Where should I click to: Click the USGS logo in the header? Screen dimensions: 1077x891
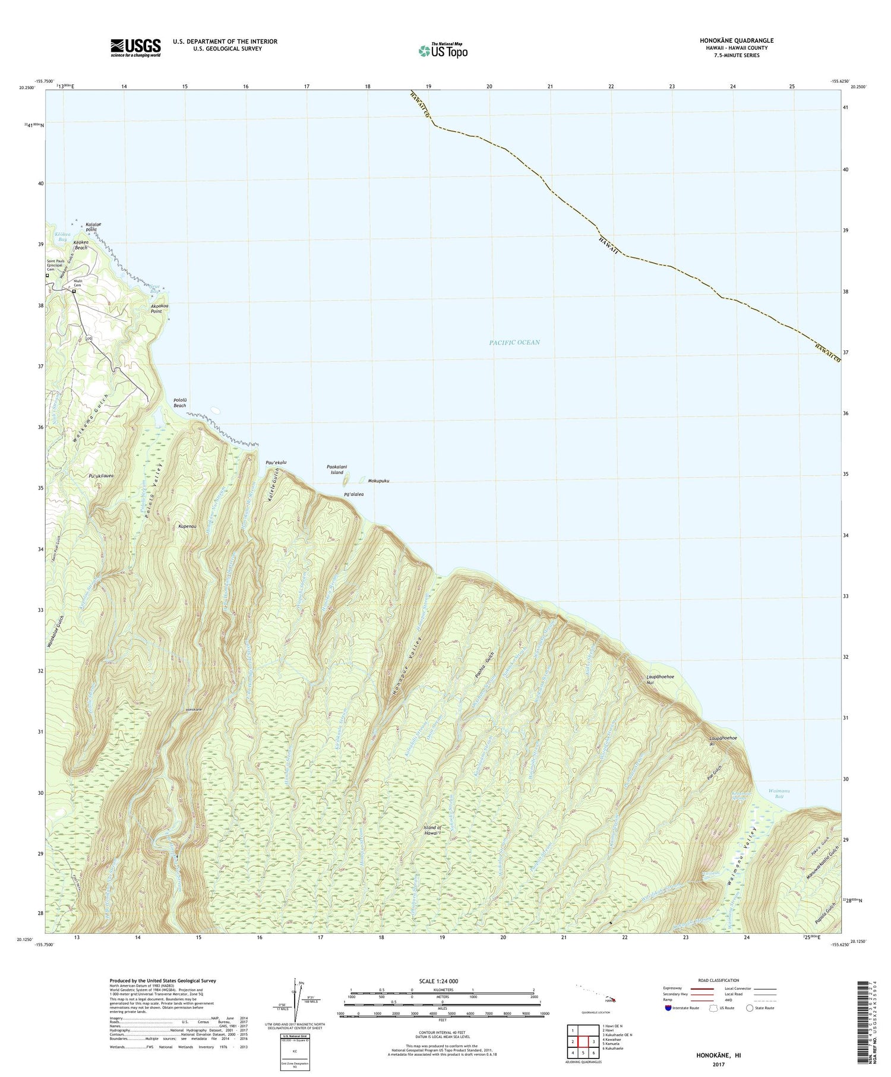tap(135, 48)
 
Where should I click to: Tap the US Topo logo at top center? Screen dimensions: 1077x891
tap(443, 51)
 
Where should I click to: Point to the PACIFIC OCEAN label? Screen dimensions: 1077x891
tap(514, 343)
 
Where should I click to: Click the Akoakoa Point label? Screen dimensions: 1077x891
tap(156, 308)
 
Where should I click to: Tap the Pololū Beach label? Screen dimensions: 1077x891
tap(179, 403)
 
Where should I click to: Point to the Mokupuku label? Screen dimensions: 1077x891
tap(378, 481)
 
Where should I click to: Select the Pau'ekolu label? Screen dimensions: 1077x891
tap(276, 462)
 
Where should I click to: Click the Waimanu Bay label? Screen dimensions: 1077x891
tap(776, 794)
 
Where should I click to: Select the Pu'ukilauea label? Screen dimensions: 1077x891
tap(101, 476)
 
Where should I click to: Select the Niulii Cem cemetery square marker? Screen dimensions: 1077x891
tap(74, 292)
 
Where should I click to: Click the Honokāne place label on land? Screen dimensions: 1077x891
tap(194, 710)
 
